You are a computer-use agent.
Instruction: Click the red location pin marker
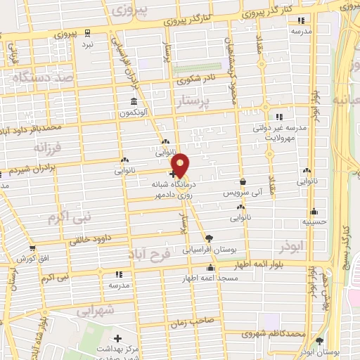pyautogui.click(x=181, y=165)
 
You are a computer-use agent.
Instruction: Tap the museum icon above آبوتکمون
pyautogui.click(x=132, y=101)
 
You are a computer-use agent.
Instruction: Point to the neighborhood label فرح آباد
pyautogui.click(x=150, y=253)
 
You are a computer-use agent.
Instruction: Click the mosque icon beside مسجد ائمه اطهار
pyautogui.click(x=210, y=268)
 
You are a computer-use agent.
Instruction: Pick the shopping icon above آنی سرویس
pyautogui.click(x=243, y=181)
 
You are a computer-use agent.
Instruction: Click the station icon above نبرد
pyautogui.click(x=87, y=32)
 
